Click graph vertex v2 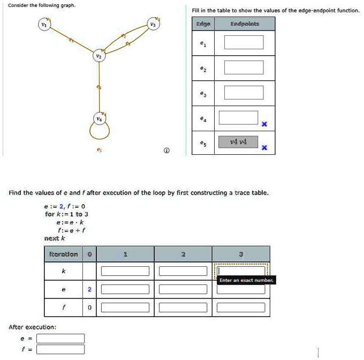[97, 56]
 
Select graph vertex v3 [153, 25]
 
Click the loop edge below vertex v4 [99, 131]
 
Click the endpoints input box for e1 [244, 42]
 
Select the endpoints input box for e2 [244, 67]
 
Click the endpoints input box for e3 [244, 92]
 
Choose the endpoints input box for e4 [239, 117]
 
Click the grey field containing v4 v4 [239, 142]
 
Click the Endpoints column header [244, 24]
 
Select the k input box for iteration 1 [124, 271]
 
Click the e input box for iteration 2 [183, 289]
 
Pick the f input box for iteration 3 [241, 307]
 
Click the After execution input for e [60, 338]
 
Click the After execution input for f [60, 349]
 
